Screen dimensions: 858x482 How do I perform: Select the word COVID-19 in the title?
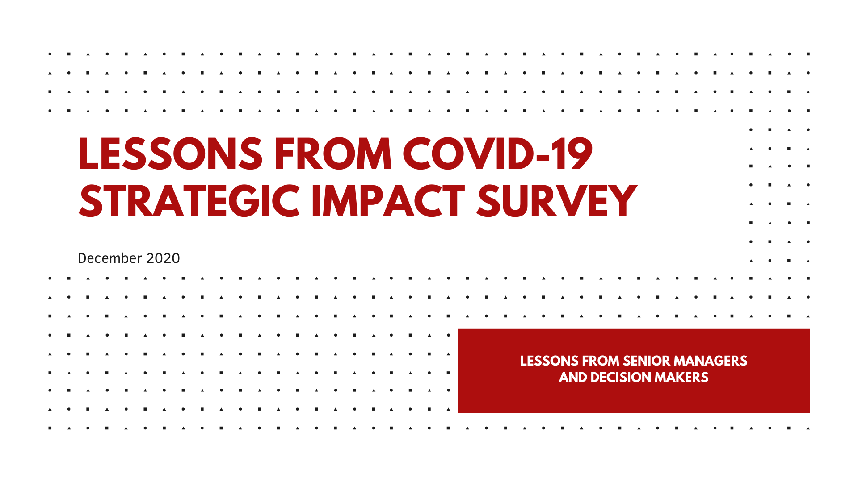[x=498, y=154]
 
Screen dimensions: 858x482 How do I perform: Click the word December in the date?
[x=110, y=258]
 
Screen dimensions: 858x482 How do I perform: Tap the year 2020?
[x=163, y=258]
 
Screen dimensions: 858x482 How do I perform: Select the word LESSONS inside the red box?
[x=550, y=361]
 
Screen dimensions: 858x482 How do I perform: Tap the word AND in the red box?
[x=573, y=377]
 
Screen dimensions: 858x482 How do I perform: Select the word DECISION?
[x=621, y=377]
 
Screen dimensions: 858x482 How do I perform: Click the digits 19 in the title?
[x=573, y=154]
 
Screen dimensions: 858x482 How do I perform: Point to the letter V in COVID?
[x=478, y=154]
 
